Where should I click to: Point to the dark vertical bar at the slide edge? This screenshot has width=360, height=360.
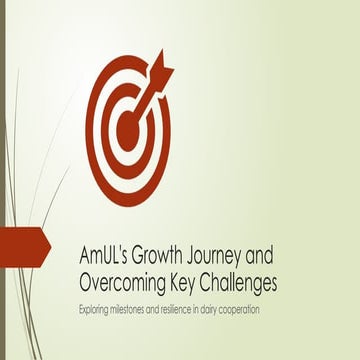click(2, 180)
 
